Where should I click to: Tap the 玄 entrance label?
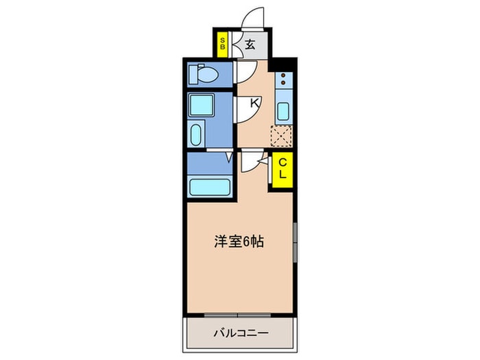[x=250, y=45]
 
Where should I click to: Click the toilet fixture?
[x=204, y=73]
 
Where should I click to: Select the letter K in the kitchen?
[x=254, y=104]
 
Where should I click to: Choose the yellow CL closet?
[x=282, y=168]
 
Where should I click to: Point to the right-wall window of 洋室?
[x=295, y=242]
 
